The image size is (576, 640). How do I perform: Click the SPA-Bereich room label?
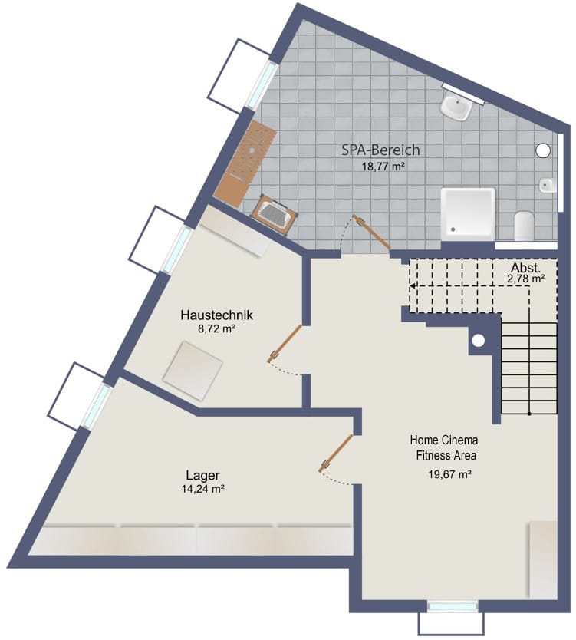coord(380,150)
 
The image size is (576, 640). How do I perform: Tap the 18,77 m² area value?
coord(383,166)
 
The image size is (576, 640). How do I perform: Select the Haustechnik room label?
coord(216,315)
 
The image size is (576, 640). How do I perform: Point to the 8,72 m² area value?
coord(217,328)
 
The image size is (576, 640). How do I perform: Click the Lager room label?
coord(202,476)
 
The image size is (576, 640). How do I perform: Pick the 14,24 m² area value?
coord(203,489)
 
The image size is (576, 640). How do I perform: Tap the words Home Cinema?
coord(444,440)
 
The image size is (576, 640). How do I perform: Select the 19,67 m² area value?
coord(450,474)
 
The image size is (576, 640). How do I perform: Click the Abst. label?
coord(526,268)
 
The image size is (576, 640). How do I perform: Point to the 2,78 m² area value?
coord(526,279)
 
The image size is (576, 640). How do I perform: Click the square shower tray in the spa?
coord(468,213)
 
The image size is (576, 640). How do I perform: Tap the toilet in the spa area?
coord(524,226)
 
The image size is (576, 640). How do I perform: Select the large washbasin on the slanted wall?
coord(456,106)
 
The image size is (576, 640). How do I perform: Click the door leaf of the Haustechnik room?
coord(285,343)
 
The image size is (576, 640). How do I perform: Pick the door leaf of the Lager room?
coord(336,454)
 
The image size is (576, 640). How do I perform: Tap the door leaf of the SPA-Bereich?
coord(372,232)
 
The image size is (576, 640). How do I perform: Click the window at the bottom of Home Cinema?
coord(452,606)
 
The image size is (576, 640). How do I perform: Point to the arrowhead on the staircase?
coord(413,286)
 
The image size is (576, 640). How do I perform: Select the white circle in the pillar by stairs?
coord(478,340)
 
